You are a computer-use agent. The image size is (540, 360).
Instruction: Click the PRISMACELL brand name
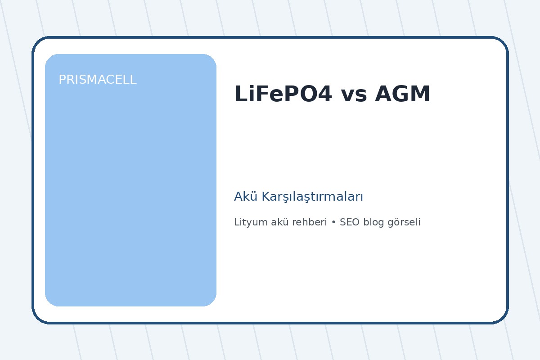(97, 80)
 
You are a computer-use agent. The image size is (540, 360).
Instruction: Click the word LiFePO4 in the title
(283, 94)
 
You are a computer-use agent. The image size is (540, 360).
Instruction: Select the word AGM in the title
(403, 94)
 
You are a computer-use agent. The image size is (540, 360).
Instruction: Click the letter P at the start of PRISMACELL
(62, 80)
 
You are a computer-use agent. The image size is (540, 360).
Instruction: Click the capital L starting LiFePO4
(240, 94)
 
